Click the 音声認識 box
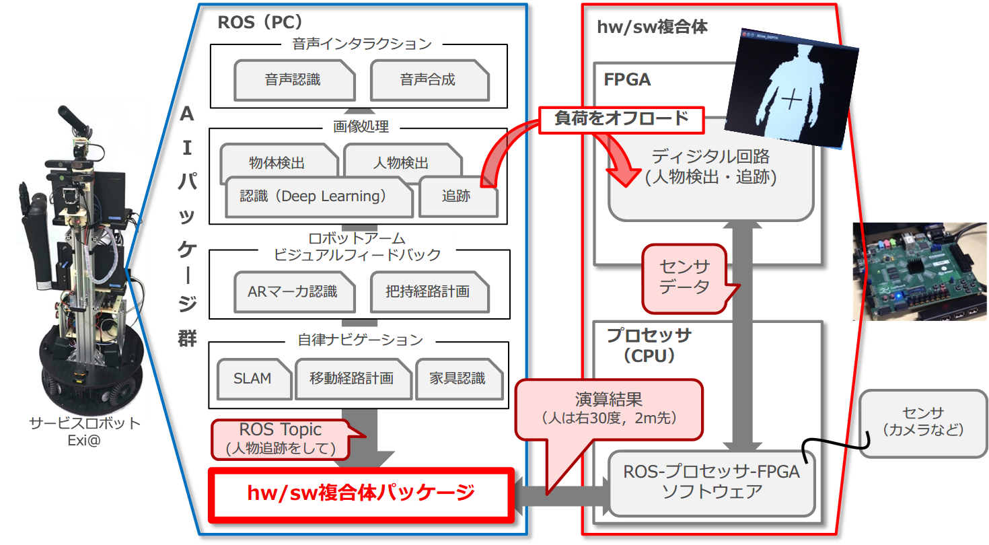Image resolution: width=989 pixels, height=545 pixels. [293, 80]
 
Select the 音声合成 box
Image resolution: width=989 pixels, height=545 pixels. [428, 80]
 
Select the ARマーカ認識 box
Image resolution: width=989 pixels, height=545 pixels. [293, 291]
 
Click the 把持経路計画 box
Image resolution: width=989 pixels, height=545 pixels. [428, 291]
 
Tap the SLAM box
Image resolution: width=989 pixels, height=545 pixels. [253, 378]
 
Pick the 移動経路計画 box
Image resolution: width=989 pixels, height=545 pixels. [352, 378]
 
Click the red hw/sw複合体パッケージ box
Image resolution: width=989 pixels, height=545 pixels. [361, 493]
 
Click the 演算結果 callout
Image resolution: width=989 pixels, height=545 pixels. [608, 408]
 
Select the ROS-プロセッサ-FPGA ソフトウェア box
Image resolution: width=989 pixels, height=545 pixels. [711, 481]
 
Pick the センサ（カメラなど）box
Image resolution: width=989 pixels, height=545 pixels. [923, 422]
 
